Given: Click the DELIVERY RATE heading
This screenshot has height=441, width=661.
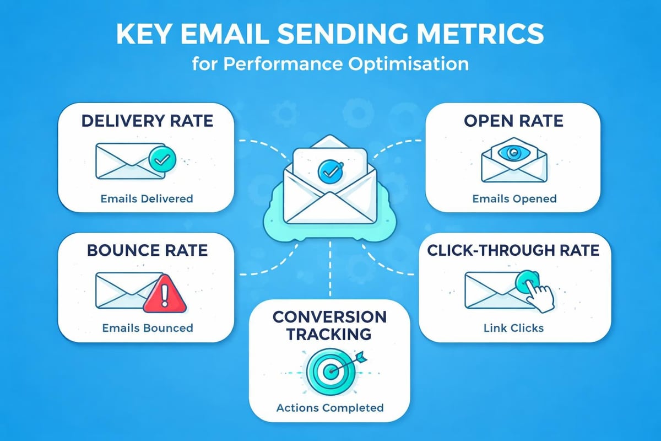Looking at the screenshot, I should click(147, 121).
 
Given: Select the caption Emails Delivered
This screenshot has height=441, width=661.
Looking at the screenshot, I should click(147, 198).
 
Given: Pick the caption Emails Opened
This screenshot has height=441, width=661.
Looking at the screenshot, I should click(514, 198).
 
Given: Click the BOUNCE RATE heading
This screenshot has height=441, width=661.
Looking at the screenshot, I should click(147, 251).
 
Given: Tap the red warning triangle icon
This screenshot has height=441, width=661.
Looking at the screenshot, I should click(165, 294).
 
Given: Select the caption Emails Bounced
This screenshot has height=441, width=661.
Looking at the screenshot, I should click(148, 328).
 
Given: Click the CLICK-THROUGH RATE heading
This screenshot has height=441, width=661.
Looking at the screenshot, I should click(513, 251).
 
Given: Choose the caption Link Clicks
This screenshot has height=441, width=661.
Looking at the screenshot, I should click(513, 328).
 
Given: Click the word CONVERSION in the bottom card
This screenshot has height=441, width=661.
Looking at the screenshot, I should click(330, 317).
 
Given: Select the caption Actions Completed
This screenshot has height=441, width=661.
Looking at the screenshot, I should click(330, 408).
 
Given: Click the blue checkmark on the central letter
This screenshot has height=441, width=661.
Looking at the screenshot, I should click(329, 172).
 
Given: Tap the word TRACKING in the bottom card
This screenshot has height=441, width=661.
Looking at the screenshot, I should click(330, 334).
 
